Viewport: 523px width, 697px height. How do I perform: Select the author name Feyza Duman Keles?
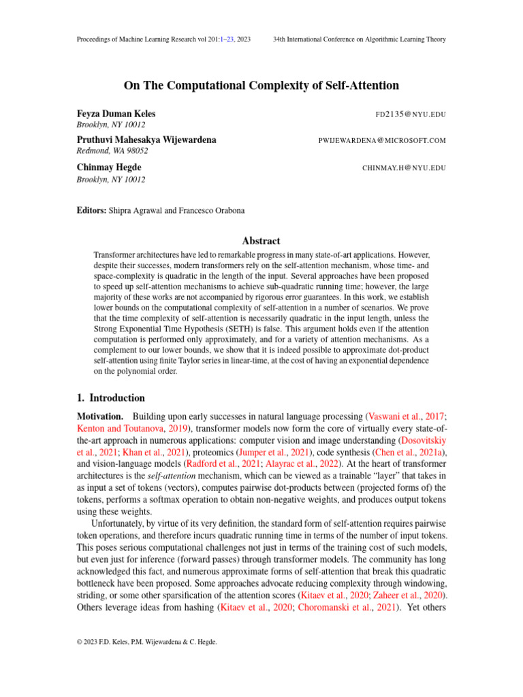click(x=117, y=114)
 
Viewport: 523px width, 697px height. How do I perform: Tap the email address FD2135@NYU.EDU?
click(x=411, y=114)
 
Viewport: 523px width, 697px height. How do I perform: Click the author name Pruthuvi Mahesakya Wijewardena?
click(x=147, y=140)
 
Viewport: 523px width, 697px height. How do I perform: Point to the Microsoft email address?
click(x=382, y=141)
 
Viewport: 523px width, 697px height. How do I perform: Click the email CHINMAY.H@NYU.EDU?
click(x=404, y=167)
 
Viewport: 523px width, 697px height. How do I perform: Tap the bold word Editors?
click(x=92, y=212)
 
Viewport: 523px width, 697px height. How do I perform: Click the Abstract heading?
click(x=261, y=241)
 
